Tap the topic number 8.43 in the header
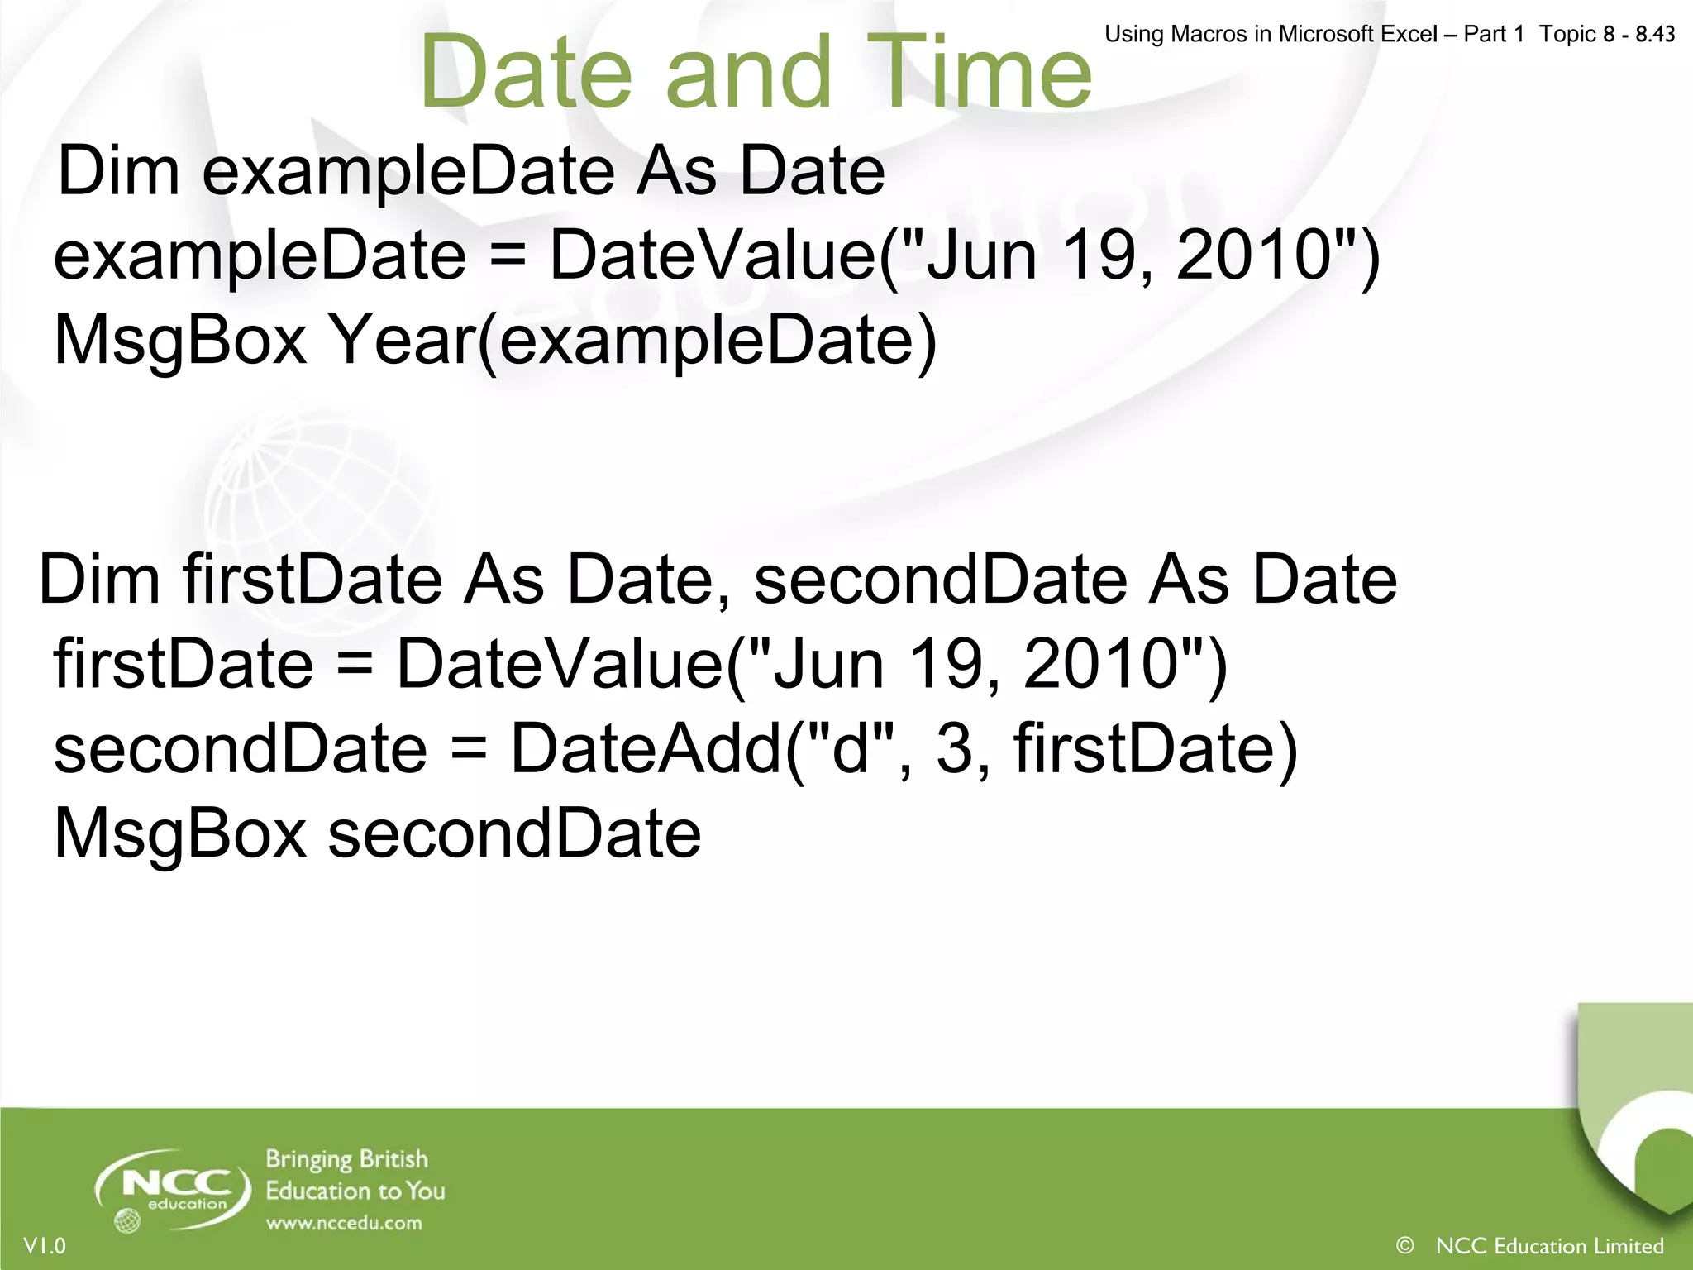point(1655,34)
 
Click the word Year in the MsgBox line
point(401,340)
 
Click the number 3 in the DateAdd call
point(954,748)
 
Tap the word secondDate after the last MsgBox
point(514,833)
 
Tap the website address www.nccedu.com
point(344,1223)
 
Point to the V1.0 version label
point(45,1245)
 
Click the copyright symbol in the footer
point(1404,1244)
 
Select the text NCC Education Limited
point(1550,1245)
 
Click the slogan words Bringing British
point(347,1159)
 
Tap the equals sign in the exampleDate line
point(508,255)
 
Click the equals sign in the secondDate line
point(469,748)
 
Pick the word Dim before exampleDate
point(119,171)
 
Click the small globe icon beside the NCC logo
point(127,1220)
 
